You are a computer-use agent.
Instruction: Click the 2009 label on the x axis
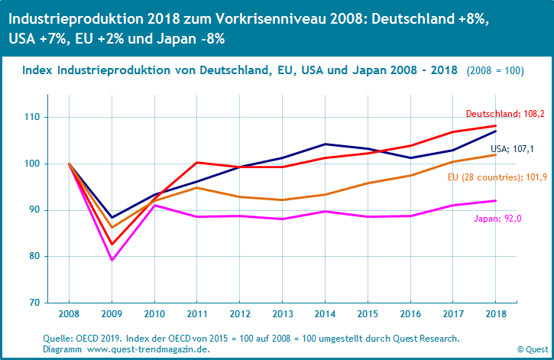coord(112,313)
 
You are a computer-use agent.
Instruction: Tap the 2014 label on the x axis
coord(326,313)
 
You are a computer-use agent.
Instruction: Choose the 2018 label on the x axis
coord(496,313)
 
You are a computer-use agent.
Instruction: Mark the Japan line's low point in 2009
coord(113,260)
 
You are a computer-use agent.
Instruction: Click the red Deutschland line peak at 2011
coord(198,162)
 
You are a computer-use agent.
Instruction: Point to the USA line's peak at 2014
coord(326,144)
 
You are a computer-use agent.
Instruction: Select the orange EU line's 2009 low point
coord(113,227)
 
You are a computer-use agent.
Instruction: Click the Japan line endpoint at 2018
coord(496,200)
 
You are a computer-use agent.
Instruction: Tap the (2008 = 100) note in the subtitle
coord(494,70)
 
